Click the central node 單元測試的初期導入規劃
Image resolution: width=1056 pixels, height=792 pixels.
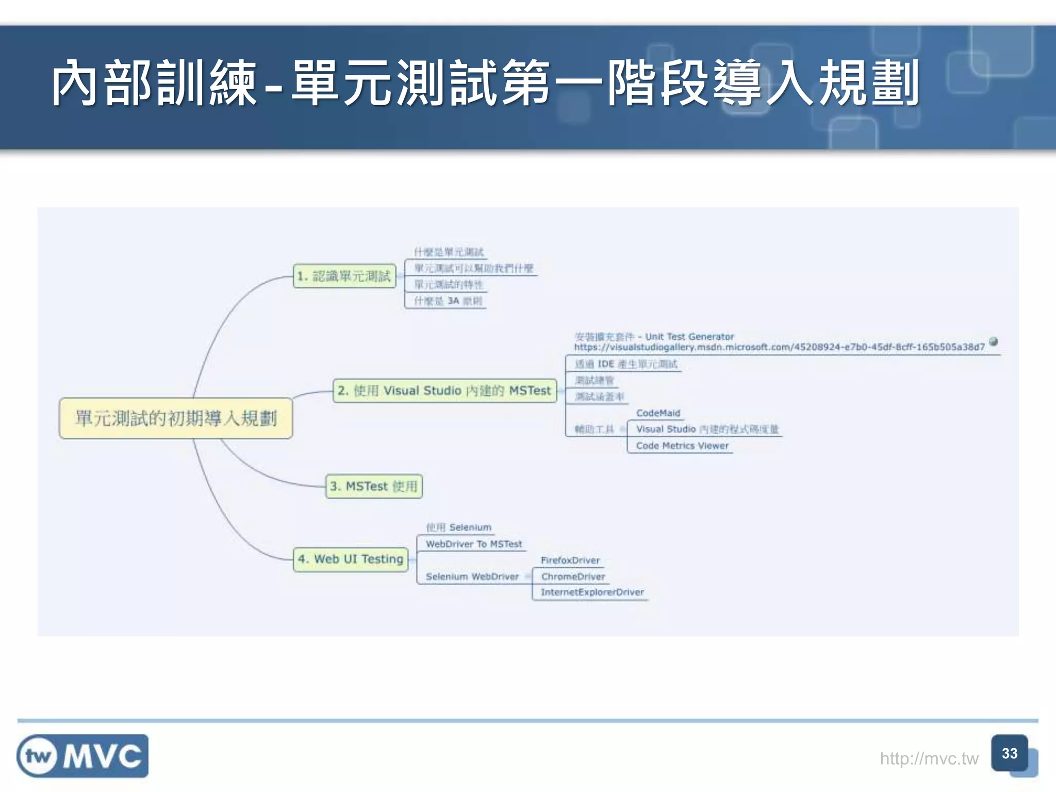pyautogui.click(x=176, y=418)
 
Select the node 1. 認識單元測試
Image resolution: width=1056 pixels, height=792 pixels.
pyautogui.click(x=344, y=276)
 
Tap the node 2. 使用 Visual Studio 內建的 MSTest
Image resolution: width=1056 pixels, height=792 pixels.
pyautogui.click(x=444, y=390)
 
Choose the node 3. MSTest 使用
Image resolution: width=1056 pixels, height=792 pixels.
pyautogui.click(x=374, y=486)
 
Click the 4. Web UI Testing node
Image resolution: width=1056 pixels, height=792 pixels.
pyautogui.click(x=351, y=559)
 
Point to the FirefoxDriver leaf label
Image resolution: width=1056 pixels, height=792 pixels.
pyautogui.click(x=570, y=560)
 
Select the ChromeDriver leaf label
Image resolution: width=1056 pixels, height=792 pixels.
pyautogui.click(x=573, y=576)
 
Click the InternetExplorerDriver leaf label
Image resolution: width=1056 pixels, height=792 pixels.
pyautogui.click(x=592, y=592)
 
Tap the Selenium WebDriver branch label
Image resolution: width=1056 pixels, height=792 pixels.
pyautogui.click(x=472, y=576)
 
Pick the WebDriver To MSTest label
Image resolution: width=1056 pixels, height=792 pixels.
pyautogui.click(x=473, y=544)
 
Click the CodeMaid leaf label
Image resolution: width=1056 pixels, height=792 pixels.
pyautogui.click(x=658, y=413)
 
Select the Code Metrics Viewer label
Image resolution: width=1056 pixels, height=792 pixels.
pyautogui.click(x=682, y=445)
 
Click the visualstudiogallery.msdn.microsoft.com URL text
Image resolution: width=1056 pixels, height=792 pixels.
pyautogui.click(x=779, y=347)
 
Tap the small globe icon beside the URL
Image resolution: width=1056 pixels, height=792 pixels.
pyautogui.click(x=994, y=341)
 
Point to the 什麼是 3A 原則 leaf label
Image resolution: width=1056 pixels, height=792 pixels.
pyautogui.click(x=448, y=301)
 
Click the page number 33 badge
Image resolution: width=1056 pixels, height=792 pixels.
pyautogui.click(x=1010, y=753)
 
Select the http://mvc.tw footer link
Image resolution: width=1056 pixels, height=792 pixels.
pyautogui.click(x=929, y=758)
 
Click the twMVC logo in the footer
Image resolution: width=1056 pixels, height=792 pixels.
pyautogui.click(x=82, y=756)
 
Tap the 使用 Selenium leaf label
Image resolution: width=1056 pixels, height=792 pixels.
pyautogui.click(x=458, y=527)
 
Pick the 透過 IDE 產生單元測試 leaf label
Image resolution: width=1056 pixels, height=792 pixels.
pyautogui.click(x=625, y=364)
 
